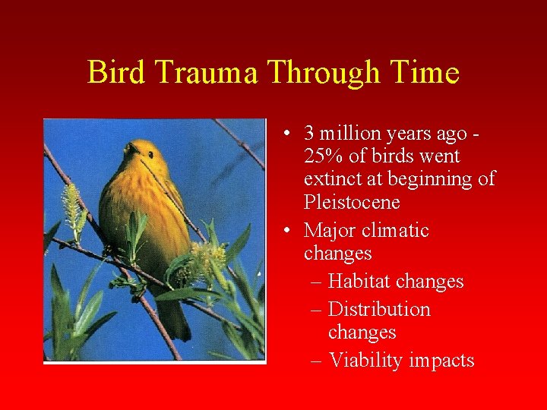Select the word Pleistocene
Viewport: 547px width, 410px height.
[352, 203]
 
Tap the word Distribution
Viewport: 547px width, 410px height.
[379, 310]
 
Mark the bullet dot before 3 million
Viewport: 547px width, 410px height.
[283, 134]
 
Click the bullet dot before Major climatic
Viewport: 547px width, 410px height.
[283, 231]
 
